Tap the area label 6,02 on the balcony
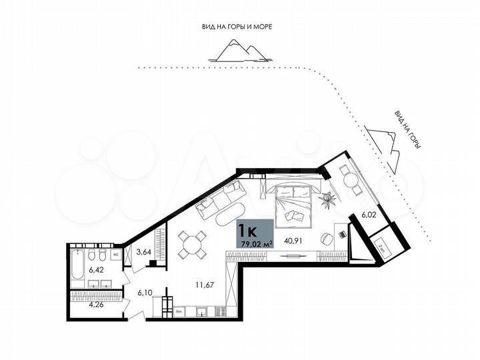pyautogui.click(x=369, y=215)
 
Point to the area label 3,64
pyautogui.click(x=143, y=253)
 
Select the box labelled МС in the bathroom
pyautogui.click(x=115, y=255)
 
